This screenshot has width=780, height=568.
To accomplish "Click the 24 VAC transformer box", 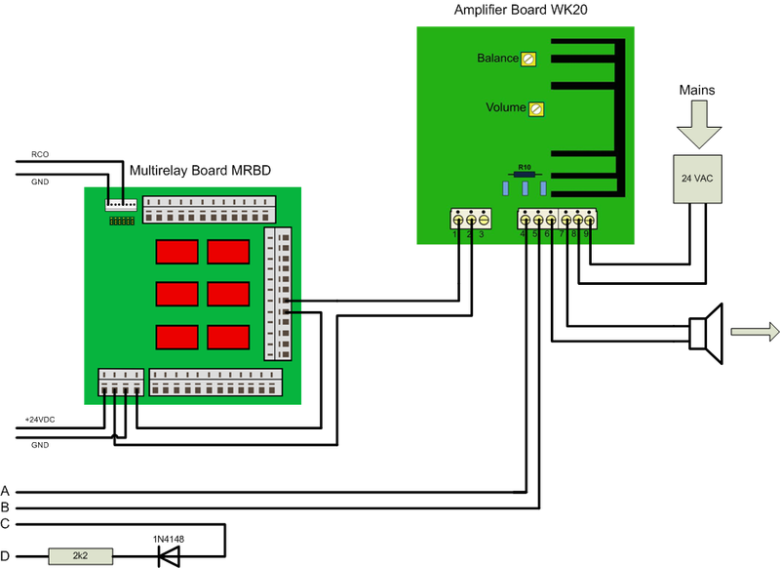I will coord(697,179).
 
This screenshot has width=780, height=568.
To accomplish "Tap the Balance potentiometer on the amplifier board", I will coord(528,60).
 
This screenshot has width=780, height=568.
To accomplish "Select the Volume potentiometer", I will coord(535,108).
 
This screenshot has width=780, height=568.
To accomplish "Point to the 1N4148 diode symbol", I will coord(170,557).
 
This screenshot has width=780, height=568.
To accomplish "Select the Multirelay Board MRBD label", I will coord(200,170).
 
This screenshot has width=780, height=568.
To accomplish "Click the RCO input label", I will coord(40,154).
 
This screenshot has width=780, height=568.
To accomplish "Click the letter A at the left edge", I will coord(6,490).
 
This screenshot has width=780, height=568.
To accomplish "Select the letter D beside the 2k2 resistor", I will coord(6,557).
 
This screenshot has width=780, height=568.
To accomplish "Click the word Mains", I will coord(696,90).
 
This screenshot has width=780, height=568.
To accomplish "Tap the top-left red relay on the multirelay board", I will coord(175,253).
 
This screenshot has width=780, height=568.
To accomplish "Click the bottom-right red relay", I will coord(227,338).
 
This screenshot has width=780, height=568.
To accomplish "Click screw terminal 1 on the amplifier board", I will coord(455,221).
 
